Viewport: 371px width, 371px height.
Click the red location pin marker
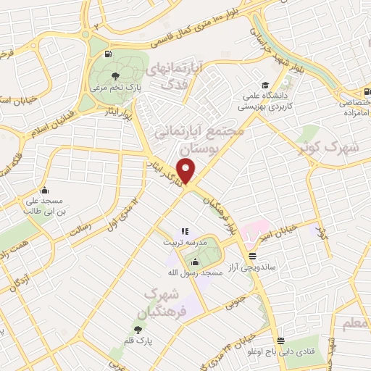pyautogui.click(x=188, y=170)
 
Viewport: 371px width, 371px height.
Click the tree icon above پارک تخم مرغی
pyautogui.click(x=115, y=75)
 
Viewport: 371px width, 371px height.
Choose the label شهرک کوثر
pyautogui.click(x=328, y=147)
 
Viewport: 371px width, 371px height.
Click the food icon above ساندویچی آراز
pyautogui.click(x=252, y=256)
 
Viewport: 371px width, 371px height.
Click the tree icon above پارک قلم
pyautogui.click(x=138, y=329)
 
